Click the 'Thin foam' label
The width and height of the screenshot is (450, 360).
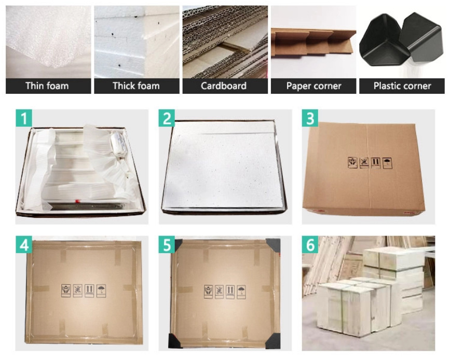(x=47, y=86)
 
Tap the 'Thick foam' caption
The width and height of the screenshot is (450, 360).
(x=136, y=86)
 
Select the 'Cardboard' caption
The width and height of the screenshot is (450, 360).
(x=224, y=86)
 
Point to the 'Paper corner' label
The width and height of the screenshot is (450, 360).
(x=313, y=86)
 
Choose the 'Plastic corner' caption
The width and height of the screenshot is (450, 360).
(x=402, y=86)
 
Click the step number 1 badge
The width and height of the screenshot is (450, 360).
(x=23, y=118)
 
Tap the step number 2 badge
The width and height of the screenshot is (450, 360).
(x=167, y=118)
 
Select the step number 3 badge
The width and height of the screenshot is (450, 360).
(x=310, y=118)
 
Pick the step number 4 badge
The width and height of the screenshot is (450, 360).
(x=23, y=245)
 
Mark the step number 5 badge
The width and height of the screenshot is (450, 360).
(x=167, y=245)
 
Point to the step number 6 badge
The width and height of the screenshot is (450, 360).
(x=310, y=245)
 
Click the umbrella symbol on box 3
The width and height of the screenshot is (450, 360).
(x=387, y=163)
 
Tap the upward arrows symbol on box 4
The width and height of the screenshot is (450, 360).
(x=90, y=290)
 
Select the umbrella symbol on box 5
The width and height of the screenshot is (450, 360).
(x=241, y=292)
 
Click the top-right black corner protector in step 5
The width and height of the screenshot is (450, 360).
(x=274, y=245)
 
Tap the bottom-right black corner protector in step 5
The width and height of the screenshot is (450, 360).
(x=273, y=341)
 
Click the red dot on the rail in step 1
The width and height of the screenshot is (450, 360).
(x=77, y=201)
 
